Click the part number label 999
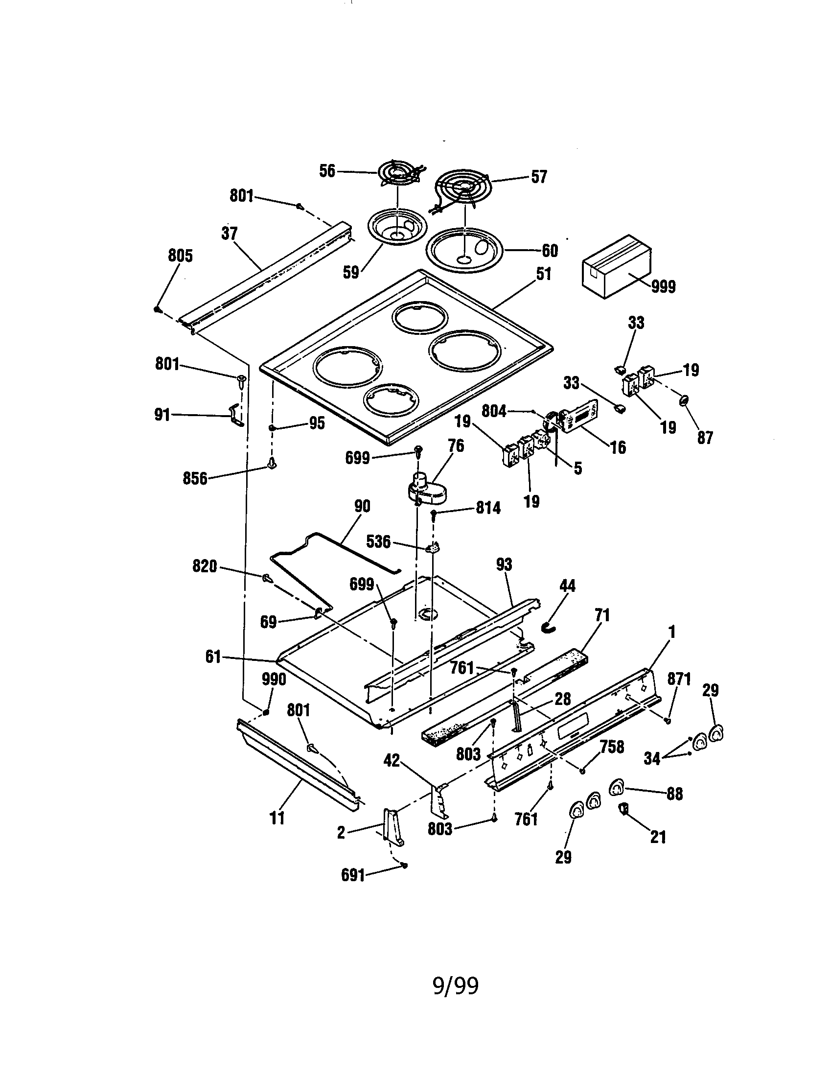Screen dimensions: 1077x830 (x=663, y=286)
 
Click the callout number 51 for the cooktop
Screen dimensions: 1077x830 (x=543, y=274)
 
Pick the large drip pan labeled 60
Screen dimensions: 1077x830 (x=463, y=250)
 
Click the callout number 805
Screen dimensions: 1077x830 (x=180, y=256)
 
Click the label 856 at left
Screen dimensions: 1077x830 (x=195, y=478)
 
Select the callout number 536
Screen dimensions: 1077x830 (x=378, y=542)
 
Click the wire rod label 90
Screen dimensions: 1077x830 (x=362, y=507)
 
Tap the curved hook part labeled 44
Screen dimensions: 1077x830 (x=549, y=627)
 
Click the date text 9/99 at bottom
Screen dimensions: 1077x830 (x=456, y=986)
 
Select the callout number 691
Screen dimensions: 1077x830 (x=353, y=875)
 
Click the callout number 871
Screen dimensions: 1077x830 (x=679, y=679)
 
